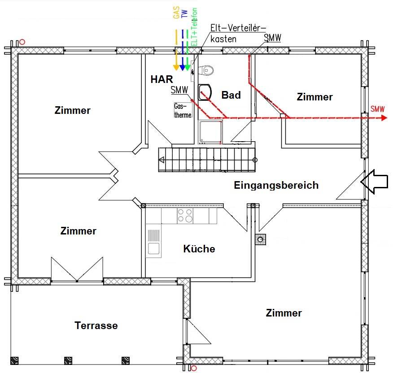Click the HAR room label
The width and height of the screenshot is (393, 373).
click(x=162, y=80)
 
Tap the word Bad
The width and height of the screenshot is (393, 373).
click(x=231, y=95)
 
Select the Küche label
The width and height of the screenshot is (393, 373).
click(x=199, y=249)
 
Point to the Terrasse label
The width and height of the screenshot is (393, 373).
click(x=96, y=325)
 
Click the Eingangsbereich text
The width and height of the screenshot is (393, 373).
click(x=276, y=185)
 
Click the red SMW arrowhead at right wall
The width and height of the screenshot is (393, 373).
click(x=383, y=118)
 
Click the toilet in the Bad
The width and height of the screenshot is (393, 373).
click(x=207, y=70)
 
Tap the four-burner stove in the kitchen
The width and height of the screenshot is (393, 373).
click(x=185, y=216)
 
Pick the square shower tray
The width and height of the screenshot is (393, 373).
click(x=210, y=132)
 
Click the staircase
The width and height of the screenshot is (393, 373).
click(x=206, y=160)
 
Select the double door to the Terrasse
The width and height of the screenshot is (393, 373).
click(x=77, y=270)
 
